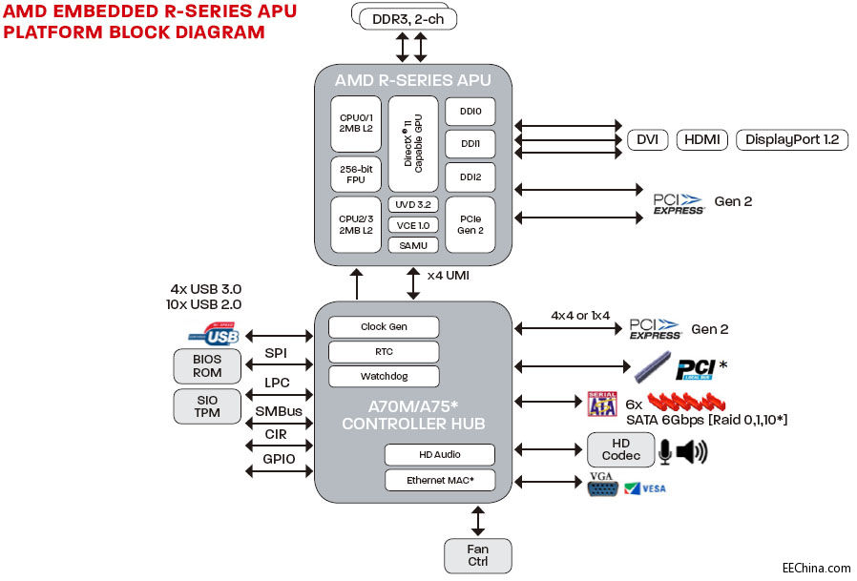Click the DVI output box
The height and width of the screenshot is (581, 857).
(647, 139)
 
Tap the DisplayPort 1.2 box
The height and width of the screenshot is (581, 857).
(791, 139)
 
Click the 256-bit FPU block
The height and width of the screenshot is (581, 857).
(355, 175)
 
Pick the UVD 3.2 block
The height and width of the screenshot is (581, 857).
(413, 204)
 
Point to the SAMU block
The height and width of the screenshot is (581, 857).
(413, 245)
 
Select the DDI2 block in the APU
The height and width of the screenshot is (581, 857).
(470, 176)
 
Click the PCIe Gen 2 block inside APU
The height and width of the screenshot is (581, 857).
(470, 224)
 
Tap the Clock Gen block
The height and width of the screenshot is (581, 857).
(384, 326)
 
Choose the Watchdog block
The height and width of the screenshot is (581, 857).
(384, 376)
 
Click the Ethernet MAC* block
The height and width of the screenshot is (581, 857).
(440, 480)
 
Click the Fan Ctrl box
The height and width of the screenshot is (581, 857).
(477, 555)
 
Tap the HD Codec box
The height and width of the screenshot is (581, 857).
(620, 449)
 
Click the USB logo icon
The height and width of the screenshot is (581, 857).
(213, 336)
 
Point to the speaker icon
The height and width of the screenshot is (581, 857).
(691, 451)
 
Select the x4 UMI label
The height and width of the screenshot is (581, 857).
(448, 275)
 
